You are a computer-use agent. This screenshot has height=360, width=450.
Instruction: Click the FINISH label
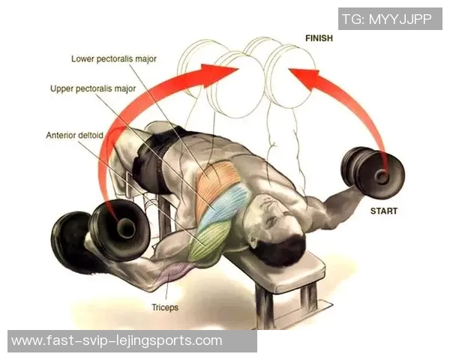click(x=319, y=38)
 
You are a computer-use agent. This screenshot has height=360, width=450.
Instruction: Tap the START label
click(x=384, y=211)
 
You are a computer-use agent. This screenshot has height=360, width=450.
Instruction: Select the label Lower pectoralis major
click(x=114, y=59)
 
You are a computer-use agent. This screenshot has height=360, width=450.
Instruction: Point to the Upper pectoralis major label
click(x=93, y=88)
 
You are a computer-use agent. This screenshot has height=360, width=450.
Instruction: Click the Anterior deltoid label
click(x=74, y=135)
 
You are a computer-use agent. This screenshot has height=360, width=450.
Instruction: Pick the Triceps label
click(x=165, y=307)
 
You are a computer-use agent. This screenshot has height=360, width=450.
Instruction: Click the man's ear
click(x=256, y=239)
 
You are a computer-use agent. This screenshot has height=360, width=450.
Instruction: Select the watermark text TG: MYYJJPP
click(x=387, y=19)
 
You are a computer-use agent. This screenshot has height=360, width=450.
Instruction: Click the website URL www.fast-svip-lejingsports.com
click(x=117, y=341)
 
